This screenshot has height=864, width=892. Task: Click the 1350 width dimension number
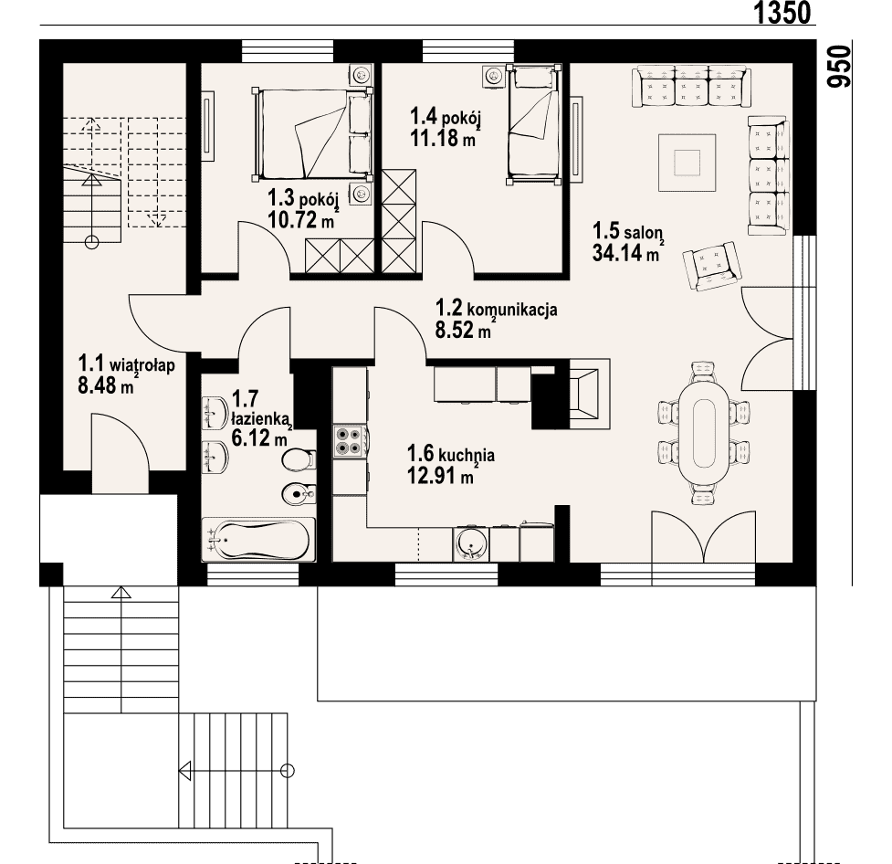(x=782, y=13)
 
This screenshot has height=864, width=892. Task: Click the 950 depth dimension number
(x=840, y=67)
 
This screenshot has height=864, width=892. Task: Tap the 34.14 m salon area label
(x=625, y=253)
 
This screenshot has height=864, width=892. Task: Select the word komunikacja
(x=512, y=311)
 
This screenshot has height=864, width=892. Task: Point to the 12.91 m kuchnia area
(x=440, y=475)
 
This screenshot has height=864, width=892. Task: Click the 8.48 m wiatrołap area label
(x=106, y=385)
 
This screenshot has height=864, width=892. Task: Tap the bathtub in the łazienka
(x=259, y=539)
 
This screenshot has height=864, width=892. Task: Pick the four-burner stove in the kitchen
(x=350, y=440)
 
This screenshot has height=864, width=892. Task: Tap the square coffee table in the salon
(x=687, y=163)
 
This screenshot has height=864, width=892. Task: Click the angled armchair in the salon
(x=711, y=265)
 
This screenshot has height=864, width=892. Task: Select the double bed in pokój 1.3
(x=312, y=134)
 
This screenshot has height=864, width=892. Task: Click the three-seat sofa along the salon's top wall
(x=691, y=86)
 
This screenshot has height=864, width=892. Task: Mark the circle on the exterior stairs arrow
(x=288, y=772)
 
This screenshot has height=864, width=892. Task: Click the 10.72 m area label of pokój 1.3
(x=301, y=220)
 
